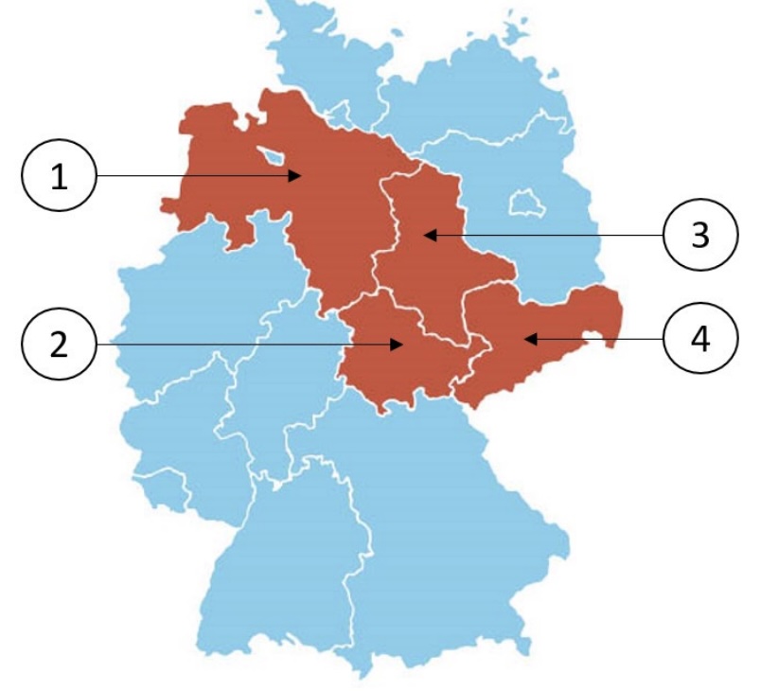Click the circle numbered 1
(59, 176)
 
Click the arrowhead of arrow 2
(400, 345)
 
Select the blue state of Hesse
(274, 379)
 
